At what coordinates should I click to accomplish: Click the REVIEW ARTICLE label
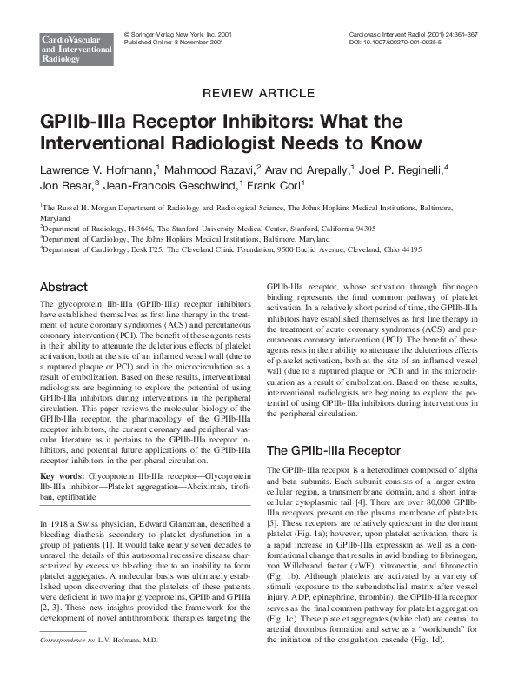(x=258, y=93)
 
